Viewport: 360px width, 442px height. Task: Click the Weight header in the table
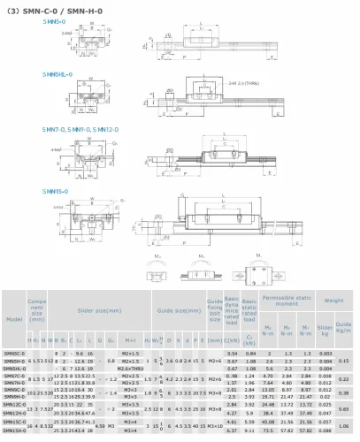coord(333,301)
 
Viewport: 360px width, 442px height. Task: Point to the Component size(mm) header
coord(35,311)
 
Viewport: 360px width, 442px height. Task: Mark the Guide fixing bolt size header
coord(215,311)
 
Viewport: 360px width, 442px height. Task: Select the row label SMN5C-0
coord(13,354)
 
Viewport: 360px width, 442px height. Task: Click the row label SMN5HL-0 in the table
coord(14,368)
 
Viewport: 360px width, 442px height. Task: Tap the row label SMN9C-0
coord(13,389)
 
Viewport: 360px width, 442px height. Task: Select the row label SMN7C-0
coord(13,376)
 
